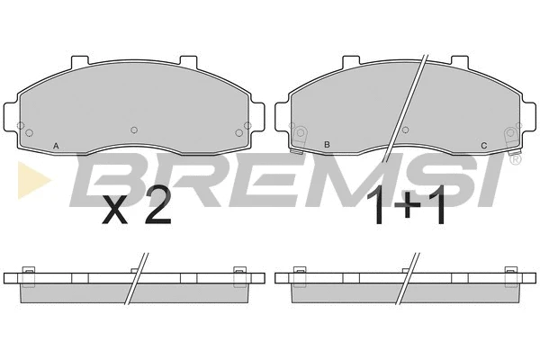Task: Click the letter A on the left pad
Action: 56,146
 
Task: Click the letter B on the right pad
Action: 328,145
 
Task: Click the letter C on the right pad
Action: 484,146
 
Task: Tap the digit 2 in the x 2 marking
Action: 157,205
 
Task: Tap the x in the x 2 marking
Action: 115,211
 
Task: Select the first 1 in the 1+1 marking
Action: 376,205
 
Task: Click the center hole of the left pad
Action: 134,130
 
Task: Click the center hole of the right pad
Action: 406,130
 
